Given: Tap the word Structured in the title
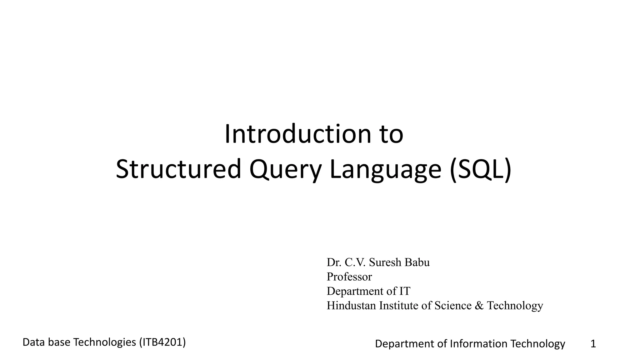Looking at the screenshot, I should pyautogui.click(x=178, y=169).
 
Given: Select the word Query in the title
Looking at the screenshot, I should pyautogui.click(x=285, y=170).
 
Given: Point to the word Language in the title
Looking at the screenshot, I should pyautogui.click(x=385, y=170).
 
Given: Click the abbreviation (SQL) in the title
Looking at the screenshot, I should pyautogui.click(x=480, y=169).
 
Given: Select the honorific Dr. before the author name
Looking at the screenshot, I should pyautogui.click(x=334, y=262).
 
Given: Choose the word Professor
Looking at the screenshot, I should pyautogui.click(x=349, y=277).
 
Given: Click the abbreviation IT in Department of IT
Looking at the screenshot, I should pyautogui.click(x=404, y=291).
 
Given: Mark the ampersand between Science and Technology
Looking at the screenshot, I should pyautogui.click(x=479, y=306).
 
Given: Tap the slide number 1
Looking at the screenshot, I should pyautogui.click(x=593, y=344).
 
